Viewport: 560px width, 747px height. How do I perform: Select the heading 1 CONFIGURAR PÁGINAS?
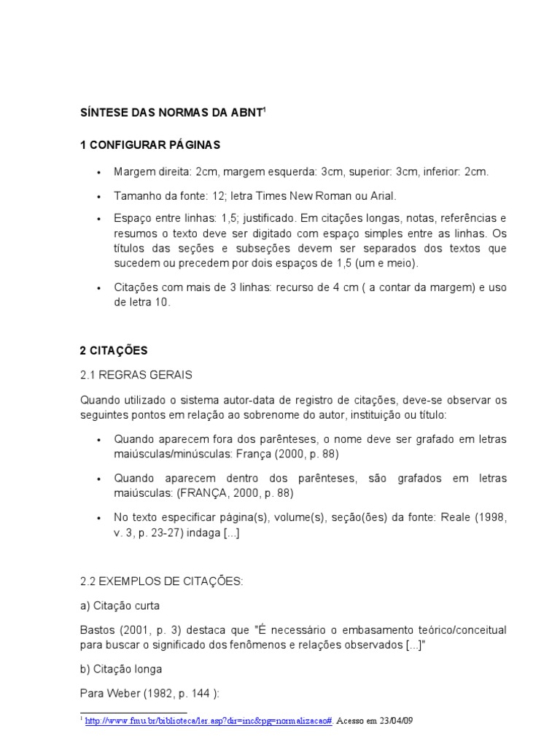point(150,145)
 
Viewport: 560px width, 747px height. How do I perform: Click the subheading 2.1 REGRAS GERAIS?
point(136,375)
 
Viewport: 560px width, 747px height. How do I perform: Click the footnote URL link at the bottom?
point(209,720)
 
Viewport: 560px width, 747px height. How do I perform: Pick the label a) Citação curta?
point(119,605)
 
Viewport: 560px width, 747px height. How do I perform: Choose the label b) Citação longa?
point(121,668)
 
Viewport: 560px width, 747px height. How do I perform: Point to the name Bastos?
point(96,630)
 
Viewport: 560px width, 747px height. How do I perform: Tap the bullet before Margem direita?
point(98,173)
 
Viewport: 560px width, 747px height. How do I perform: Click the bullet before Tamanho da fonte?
point(98,196)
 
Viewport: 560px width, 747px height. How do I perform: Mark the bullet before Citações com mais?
point(98,287)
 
